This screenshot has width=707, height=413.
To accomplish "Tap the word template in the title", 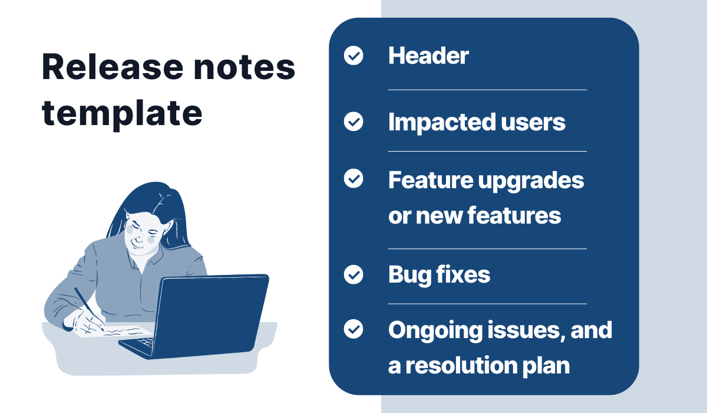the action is pyautogui.click(x=122, y=114).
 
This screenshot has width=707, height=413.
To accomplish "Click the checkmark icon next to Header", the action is pyautogui.click(x=353, y=55).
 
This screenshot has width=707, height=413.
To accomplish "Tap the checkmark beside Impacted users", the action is pyautogui.click(x=353, y=122).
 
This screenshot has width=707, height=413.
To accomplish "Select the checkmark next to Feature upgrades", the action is pyautogui.click(x=353, y=179).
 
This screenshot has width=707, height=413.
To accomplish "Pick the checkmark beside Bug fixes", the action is pyautogui.click(x=353, y=274).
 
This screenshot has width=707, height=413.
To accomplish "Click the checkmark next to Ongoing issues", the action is pyautogui.click(x=353, y=329).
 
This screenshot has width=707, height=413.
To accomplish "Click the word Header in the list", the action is pyautogui.click(x=429, y=56).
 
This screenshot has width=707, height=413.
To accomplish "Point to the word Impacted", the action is pyautogui.click(x=441, y=123).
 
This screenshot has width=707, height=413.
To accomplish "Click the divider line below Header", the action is pyautogui.click(x=487, y=90).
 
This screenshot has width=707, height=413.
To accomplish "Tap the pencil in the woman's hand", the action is pyautogui.click(x=89, y=309).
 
